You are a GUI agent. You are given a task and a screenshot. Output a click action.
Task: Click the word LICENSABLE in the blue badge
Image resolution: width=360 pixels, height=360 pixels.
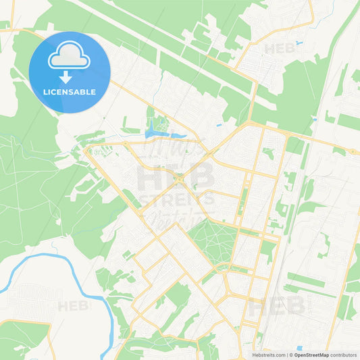point(70,91)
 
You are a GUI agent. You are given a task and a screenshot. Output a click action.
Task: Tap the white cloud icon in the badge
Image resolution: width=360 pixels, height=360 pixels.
point(70,56)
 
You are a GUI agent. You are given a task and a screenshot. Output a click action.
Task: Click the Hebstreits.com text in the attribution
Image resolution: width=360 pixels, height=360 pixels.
point(266,355)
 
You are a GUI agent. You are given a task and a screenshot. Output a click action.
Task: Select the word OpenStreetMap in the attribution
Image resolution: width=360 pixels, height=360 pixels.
point(311,355)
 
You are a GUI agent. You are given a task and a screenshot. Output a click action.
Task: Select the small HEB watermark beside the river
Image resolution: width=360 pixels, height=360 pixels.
point(74,306)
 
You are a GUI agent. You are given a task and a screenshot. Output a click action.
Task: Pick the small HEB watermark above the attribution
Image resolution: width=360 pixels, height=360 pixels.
point(277,307)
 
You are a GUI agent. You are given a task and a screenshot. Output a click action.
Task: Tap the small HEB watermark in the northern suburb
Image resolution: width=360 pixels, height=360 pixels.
point(280,49)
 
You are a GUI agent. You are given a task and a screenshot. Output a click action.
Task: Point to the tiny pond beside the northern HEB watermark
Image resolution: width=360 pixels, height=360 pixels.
point(299,43)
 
